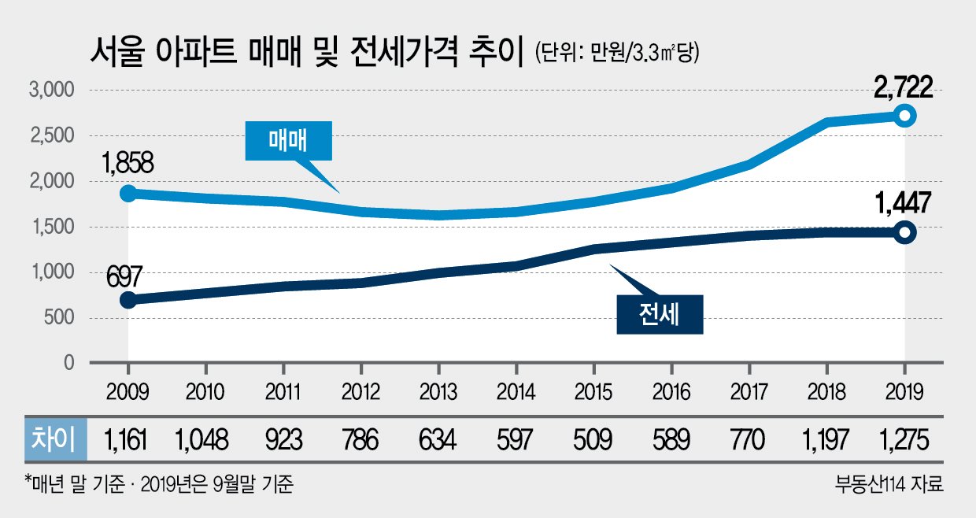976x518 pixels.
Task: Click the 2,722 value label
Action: click(x=904, y=87)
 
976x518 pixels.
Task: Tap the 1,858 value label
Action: click(x=128, y=163)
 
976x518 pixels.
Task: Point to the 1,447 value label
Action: click(x=903, y=203)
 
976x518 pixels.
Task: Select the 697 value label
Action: click(x=124, y=276)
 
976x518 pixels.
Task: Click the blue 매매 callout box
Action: click(x=288, y=141)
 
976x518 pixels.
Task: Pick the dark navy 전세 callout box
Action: click(x=660, y=315)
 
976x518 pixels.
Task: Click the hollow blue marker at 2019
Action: click(x=904, y=116)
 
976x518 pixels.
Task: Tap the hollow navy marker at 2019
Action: click(x=904, y=232)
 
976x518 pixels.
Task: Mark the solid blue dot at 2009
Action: click(x=128, y=194)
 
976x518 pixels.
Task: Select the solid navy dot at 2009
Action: click(x=128, y=300)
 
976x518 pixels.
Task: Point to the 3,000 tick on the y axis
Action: click(x=51, y=90)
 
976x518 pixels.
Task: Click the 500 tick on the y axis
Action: click(x=59, y=317)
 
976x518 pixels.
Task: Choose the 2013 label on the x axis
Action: click(x=438, y=392)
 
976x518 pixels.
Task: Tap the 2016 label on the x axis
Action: click(x=671, y=392)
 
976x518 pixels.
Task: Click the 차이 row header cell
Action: click(x=55, y=439)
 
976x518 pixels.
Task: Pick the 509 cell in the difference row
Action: click(x=593, y=440)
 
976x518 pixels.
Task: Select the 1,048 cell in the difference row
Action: click(x=201, y=440)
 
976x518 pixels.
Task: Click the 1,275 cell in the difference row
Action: click(x=904, y=440)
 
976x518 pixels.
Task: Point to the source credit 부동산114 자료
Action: click(x=889, y=483)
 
